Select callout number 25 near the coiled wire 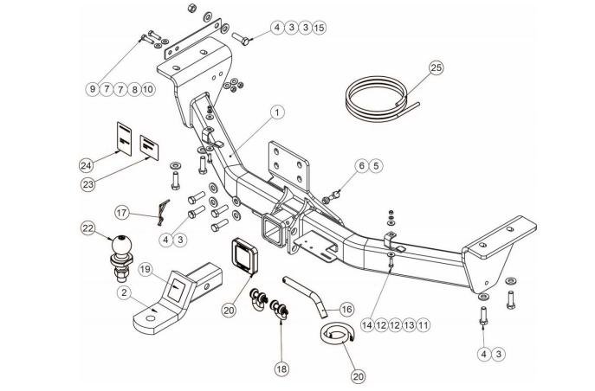(436, 67)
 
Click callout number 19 (146, 269)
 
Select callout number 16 (346, 309)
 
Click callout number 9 (92, 88)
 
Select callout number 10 (147, 88)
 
